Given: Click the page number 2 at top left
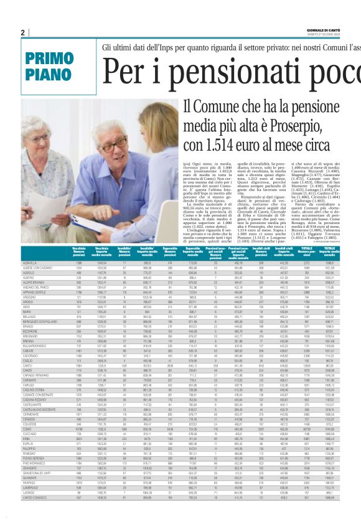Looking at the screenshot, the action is [x=22, y=32].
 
